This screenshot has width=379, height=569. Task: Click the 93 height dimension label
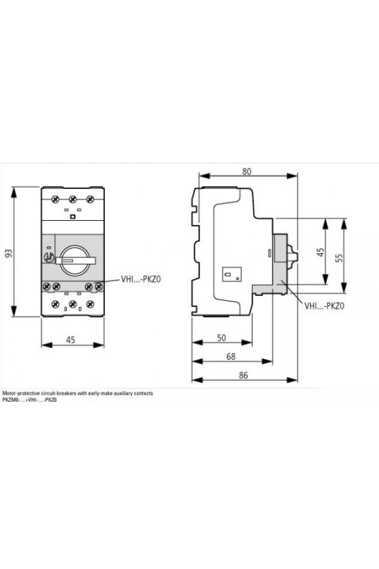click(11, 253)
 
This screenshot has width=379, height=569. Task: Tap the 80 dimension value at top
click(246, 171)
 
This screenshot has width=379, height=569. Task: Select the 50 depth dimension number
click(221, 338)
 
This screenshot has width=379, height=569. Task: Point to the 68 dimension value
click(231, 356)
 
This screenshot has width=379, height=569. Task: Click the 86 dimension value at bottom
click(244, 375)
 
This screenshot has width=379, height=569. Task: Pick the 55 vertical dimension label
click(339, 257)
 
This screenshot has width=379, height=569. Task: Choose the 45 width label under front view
click(70, 339)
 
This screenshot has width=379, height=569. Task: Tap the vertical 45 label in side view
click(320, 253)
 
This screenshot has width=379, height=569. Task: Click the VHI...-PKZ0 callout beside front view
click(141, 279)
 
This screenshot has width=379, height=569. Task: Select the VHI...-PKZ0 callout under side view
click(324, 306)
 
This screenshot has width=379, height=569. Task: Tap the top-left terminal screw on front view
click(55, 198)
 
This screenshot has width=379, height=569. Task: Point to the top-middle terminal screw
click(72, 198)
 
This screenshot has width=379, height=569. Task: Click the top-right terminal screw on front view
click(90, 198)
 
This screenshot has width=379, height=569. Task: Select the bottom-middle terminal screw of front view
click(72, 304)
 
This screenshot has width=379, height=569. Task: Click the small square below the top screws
click(72, 217)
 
